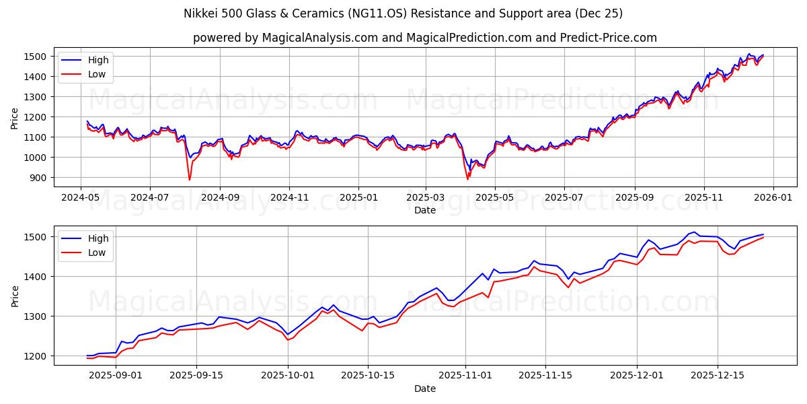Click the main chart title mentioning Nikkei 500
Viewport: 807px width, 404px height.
coord(403,13)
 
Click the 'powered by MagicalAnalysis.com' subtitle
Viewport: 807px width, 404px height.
coord(424,38)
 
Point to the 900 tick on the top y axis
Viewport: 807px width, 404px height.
coord(39,178)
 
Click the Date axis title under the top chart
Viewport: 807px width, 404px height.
coord(424,211)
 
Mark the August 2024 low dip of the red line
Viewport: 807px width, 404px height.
coord(189,179)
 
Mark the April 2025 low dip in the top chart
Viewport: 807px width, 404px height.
coord(468,178)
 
